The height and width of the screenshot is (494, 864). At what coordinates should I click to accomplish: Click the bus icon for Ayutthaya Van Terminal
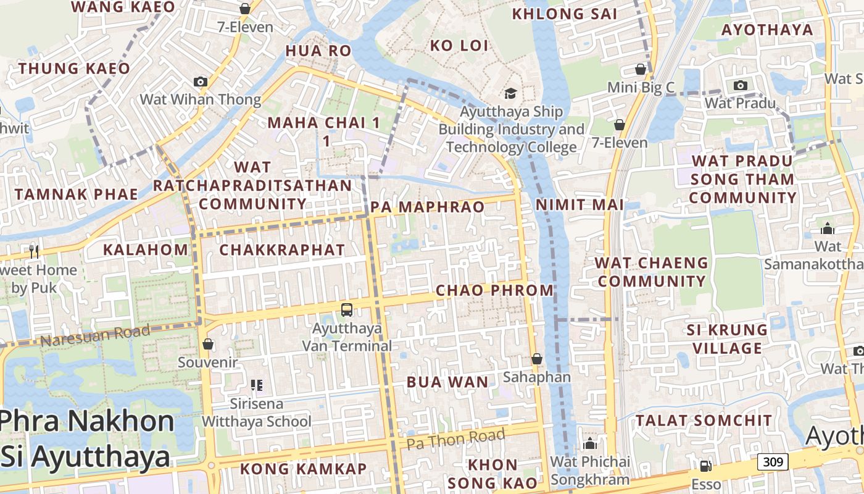coord(347,309)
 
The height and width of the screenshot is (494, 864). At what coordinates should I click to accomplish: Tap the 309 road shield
coord(773,461)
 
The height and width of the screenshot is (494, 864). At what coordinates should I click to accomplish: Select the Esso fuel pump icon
coord(705,466)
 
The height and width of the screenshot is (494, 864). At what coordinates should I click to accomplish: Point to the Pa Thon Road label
coord(455,439)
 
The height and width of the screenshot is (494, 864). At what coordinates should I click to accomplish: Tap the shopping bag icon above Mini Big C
coord(641,69)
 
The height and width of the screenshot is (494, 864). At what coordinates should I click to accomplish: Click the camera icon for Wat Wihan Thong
coord(200,82)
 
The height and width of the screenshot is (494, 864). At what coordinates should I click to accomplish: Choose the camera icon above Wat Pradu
coord(741,85)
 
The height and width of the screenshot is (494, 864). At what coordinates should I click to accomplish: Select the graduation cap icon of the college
coord(510,93)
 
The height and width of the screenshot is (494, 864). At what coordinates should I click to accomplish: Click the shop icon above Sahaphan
coord(537,359)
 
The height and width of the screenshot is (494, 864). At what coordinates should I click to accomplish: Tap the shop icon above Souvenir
coord(208,344)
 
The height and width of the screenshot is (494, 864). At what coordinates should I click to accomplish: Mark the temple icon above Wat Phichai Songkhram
coord(590,443)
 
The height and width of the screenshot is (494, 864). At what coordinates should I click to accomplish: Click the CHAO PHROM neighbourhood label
coord(495,290)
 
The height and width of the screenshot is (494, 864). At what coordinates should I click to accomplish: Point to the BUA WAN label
coord(447,382)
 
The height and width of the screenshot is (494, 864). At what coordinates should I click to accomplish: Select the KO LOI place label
coord(459,46)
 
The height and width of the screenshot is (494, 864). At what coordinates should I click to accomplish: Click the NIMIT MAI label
coord(579,204)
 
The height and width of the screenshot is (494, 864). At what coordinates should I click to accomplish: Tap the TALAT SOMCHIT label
coord(704,421)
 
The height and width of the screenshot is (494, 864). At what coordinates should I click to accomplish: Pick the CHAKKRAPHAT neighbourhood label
coord(282,250)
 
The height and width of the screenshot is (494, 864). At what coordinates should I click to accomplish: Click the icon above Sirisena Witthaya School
coord(257,386)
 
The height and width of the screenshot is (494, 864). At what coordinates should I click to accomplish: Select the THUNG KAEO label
coord(74,69)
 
